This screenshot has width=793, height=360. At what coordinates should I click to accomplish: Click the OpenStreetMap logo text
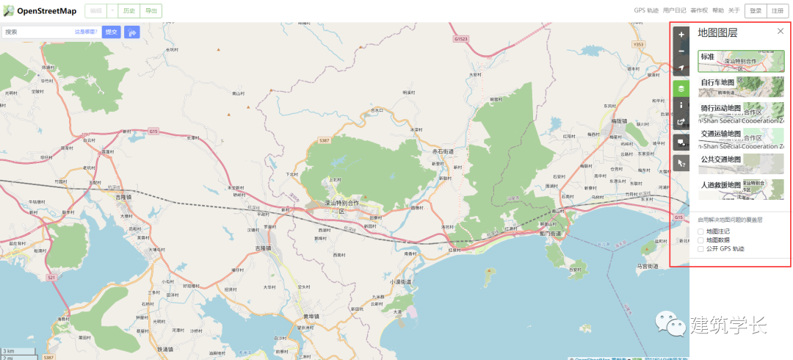pyautogui.click(x=47, y=11)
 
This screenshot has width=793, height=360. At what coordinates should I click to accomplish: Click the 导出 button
pyautogui.click(x=151, y=11)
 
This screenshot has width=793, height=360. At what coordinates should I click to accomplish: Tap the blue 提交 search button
pyautogui.click(x=112, y=32)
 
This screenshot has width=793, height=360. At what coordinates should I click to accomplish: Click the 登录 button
pyautogui.click(x=756, y=11)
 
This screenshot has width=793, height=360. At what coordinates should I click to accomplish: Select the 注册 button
pyautogui.click(x=777, y=11)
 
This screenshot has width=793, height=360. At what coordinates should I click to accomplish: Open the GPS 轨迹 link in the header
pyautogui.click(x=646, y=11)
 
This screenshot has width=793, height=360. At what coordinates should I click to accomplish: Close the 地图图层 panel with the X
pyautogui.click(x=780, y=32)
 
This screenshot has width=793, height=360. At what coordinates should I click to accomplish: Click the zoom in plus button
pyautogui.click(x=681, y=34)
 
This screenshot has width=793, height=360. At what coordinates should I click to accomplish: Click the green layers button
pyautogui.click(x=681, y=88)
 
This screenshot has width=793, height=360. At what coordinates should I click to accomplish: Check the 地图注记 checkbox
pyautogui.click(x=700, y=231)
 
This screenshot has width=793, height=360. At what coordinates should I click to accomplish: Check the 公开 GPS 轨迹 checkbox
pyautogui.click(x=700, y=248)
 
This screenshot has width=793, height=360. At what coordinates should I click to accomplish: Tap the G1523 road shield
pyautogui.click(x=461, y=39)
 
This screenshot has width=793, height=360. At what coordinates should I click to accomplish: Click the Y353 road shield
pyautogui.click(x=638, y=45)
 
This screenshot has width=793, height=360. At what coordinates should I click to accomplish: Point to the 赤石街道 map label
pyautogui.click(x=443, y=151)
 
